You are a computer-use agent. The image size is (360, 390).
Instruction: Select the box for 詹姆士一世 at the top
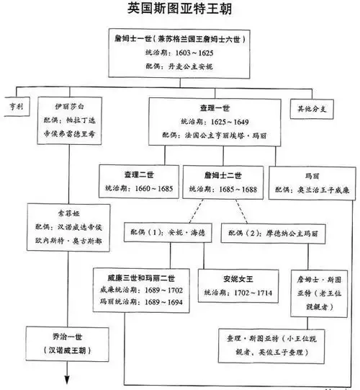179,53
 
